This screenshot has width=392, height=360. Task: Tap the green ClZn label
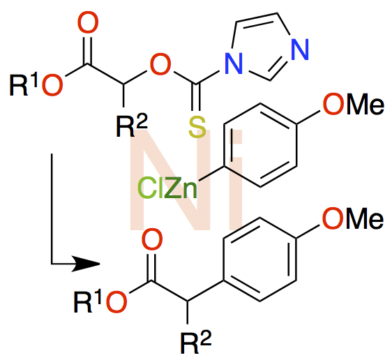coord(167,188)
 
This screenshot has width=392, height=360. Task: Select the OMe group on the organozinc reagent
coord(353,104)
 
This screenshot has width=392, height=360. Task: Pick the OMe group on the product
coord(353,218)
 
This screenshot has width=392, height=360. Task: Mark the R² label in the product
coord(196,342)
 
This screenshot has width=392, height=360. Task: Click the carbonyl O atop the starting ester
coord(88,23)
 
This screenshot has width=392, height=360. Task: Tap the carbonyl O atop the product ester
coord(152,239)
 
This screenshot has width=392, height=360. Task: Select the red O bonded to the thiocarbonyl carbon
coord(160,64)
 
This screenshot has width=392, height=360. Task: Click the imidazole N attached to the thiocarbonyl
coord(234,63)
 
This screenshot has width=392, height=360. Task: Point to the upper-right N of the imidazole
coord(300,49)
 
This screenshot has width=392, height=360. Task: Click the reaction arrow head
coord(86,263)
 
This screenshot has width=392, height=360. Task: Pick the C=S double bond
coord(196,97)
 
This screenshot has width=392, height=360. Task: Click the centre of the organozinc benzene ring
coord(260,145)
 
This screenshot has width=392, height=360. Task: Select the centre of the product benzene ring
coord(259,260)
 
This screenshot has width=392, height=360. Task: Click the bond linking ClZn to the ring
coord(211,173)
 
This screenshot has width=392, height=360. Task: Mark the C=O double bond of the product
coord(151,267)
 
